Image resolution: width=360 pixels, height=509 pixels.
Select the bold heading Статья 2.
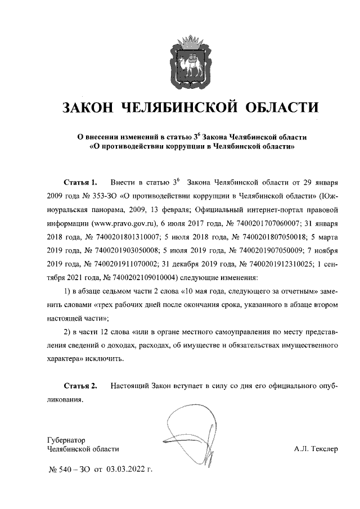coord(80,386)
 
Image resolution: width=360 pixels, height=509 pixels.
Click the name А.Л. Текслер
coord(316,449)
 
